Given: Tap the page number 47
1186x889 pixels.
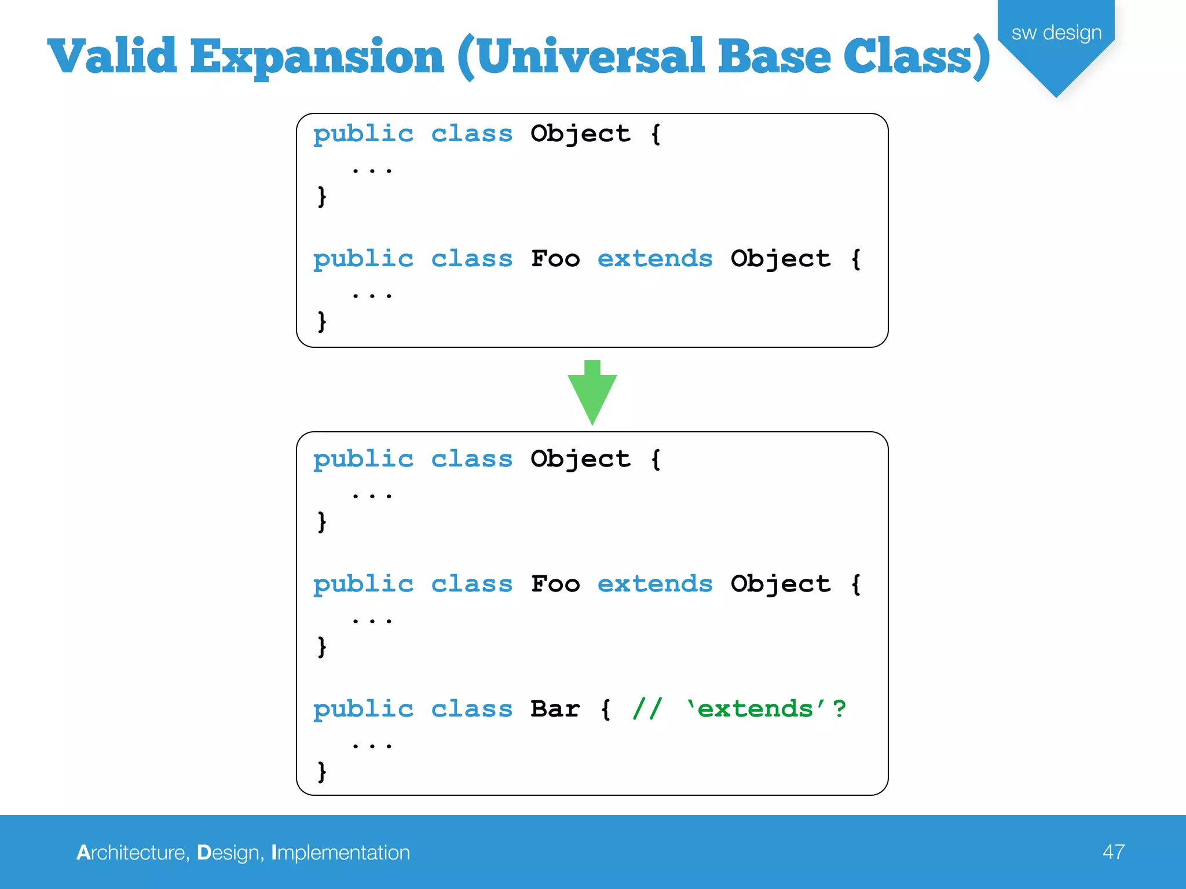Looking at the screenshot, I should pos(1113,852).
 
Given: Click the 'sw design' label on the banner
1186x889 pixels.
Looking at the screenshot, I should pos(1056,33).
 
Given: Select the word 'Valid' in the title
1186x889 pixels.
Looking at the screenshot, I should pos(112,57).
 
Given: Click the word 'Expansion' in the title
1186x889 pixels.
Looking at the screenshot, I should pos(317,57).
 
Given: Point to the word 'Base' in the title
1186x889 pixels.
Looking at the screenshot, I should pos(774,57).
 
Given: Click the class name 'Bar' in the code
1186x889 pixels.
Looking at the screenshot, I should pos(555,709).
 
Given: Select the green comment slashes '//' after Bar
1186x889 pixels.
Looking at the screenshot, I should pos(647,709).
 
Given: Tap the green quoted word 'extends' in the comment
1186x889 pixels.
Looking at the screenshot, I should pos(755,709).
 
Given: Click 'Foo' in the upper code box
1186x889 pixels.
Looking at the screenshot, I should pos(555,259).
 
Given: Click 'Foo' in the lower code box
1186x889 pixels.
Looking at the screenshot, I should pos(555,584).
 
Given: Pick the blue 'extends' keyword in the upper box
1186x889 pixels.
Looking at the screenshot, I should pos(655,259).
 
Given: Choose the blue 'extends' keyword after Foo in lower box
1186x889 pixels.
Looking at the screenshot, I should pos(655,584).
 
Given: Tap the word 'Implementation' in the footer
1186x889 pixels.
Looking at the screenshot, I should pos(341,853).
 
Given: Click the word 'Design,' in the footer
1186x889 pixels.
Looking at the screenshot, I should pos(230,853).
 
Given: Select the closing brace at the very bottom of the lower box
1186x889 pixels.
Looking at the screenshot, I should pos(322,772).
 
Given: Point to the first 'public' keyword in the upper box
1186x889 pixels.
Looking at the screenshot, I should pos(363,134).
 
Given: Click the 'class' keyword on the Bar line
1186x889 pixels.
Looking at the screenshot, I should pos(472,709).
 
